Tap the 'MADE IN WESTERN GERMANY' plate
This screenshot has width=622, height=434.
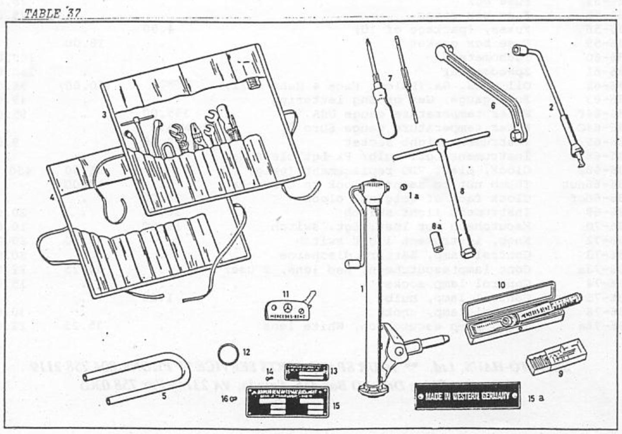pos(467,396)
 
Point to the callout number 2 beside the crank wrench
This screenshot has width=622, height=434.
pos(550,107)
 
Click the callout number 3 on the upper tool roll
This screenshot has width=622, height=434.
pos(104,115)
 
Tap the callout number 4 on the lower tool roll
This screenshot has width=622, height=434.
pos(52,198)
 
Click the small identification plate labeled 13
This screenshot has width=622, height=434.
pos(308,370)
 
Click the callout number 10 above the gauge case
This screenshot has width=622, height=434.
pos(501,284)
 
